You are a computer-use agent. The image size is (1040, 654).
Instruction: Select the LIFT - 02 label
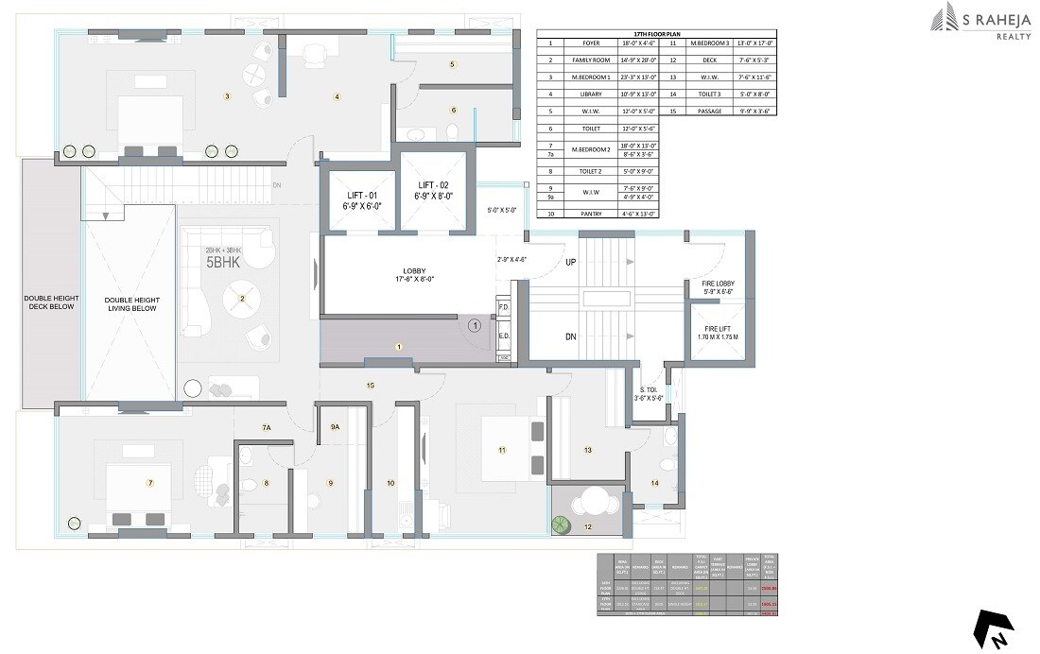pyautogui.click(x=434, y=188)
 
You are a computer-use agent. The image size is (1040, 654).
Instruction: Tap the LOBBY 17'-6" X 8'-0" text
pyautogui.click(x=408, y=273)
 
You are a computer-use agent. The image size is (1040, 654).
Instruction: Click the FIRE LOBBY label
pyautogui.click(x=719, y=287)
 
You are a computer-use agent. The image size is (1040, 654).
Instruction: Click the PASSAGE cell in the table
pyautogui.click(x=708, y=111)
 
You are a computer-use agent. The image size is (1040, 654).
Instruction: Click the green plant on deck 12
pyautogui.click(x=562, y=524)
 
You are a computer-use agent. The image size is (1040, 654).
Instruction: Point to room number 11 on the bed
pyautogui.click(x=502, y=450)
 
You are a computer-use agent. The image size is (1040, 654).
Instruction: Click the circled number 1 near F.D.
pyautogui.click(x=475, y=324)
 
